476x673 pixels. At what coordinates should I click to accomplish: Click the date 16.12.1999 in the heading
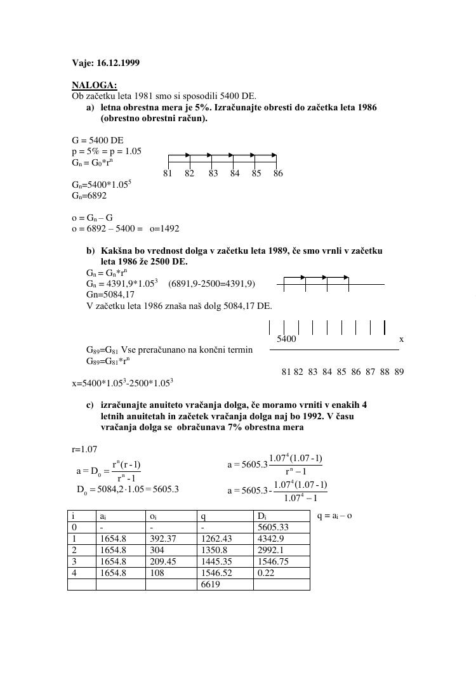[x=118, y=63]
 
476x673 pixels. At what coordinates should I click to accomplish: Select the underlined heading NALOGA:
[x=94, y=85]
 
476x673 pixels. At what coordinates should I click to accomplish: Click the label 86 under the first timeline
[x=277, y=173]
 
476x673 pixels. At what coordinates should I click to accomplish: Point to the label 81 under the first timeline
[x=168, y=173]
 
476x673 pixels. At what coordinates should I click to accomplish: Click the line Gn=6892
[x=89, y=196]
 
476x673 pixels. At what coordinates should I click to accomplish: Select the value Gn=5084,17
[x=110, y=294]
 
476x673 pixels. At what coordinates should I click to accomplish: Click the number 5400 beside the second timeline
[x=286, y=339]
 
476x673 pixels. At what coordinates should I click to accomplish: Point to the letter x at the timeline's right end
[x=401, y=339]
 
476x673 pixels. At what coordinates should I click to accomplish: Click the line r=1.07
[x=84, y=449]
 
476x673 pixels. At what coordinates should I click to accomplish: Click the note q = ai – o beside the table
[x=334, y=515]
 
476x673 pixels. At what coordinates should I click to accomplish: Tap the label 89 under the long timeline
[x=399, y=372]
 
